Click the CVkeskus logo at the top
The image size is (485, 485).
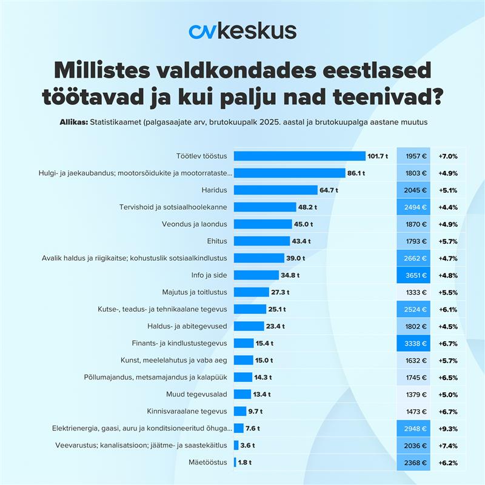pyautogui.click(x=242, y=32)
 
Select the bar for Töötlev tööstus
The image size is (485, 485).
pyautogui.click(x=299, y=156)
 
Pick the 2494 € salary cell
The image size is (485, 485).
pyautogui.click(x=413, y=207)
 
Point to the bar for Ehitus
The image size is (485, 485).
pyautogui.click(x=261, y=241)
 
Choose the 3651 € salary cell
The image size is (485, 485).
pyautogui.click(x=413, y=275)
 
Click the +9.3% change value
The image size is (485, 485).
pyautogui.click(x=447, y=428)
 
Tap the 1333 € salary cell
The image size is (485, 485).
pyautogui.click(x=413, y=292)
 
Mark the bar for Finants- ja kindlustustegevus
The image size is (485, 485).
pyautogui.click(x=243, y=343)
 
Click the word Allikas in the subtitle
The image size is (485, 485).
pyautogui.click(x=73, y=122)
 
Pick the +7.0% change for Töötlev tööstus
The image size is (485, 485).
pyautogui.click(x=447, y=156)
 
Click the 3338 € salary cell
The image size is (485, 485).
pyautogui.click(x=413, y=343)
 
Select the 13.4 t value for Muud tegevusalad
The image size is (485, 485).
pyautogui.click(x=262, y=394)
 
